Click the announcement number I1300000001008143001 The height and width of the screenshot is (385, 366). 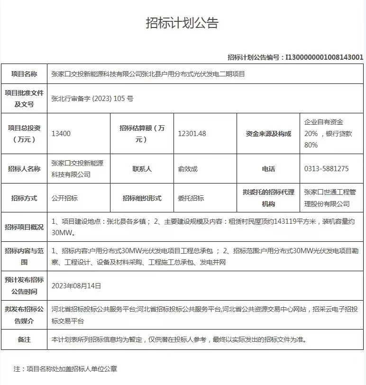(x=324, y=57)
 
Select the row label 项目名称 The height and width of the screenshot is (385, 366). (x=24, y=74)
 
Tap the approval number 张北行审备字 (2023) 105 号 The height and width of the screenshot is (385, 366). (x=92, y=99)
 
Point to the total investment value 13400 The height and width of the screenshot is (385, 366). (x=61, y=134)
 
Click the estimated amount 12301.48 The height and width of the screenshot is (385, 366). (x=192, y=134)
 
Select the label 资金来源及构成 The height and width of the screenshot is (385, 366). (x=268, y=134)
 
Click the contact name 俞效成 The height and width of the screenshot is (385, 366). (x=188, y=169)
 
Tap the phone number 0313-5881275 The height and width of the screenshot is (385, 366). (x=327, y=169)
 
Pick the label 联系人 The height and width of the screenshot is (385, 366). (x=142, y=169)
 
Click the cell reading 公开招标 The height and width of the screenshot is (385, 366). (x=64, y=198)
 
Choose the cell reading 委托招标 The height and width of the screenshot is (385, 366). (x=191, y=198)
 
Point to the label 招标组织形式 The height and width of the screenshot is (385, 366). (x=142, y=198)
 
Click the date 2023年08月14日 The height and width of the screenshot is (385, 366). (x=76, y=286)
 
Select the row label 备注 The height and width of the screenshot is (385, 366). (x=24, y=339)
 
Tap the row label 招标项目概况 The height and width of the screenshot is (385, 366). (x=24, y=227)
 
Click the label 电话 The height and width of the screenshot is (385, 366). (x=268, y=169)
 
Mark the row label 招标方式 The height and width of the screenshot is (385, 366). (x=24, y=198)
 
